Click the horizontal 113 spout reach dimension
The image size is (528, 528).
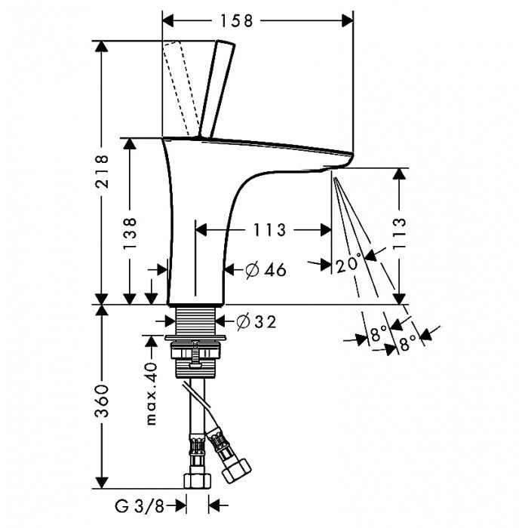click(262, 230)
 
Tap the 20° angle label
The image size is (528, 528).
click(349, 264)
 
